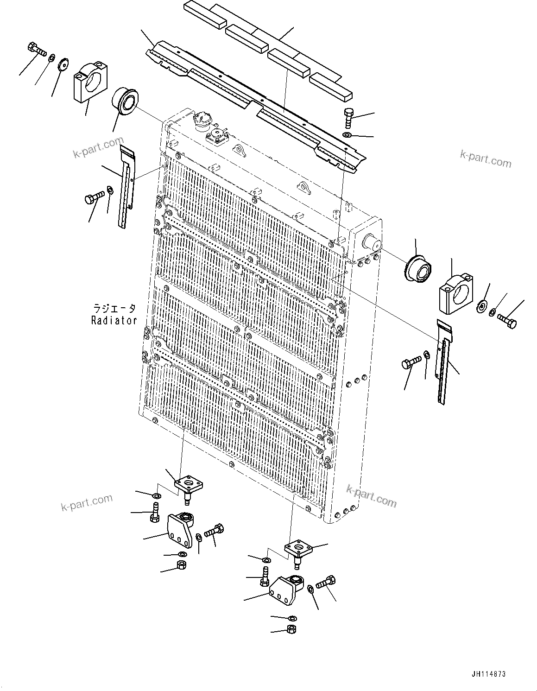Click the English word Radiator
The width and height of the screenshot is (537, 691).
114,320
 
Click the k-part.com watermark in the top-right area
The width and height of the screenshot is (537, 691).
486,158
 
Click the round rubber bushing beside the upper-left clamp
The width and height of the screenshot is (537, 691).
123,100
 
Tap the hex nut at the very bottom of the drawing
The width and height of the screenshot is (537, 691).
292,629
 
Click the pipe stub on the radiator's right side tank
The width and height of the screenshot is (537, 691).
371,242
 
